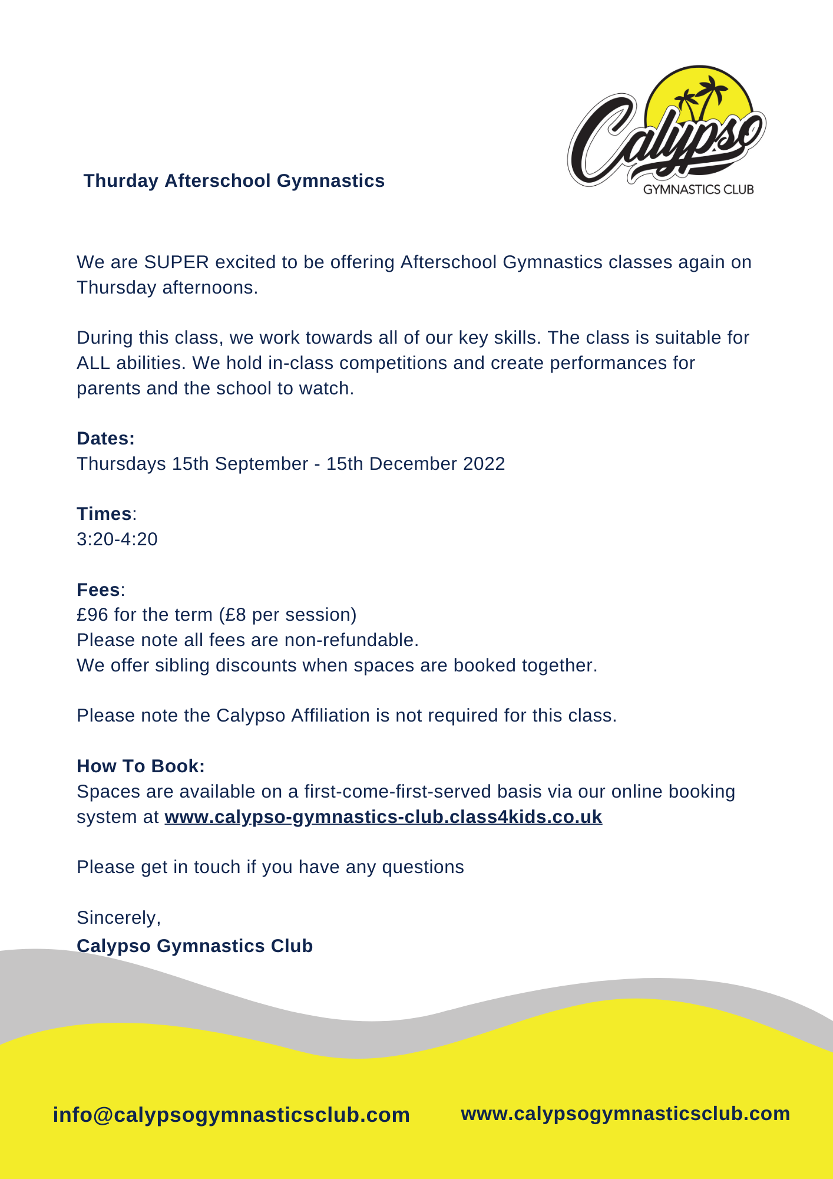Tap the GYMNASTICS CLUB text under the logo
(x=698, y=190)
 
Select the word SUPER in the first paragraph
(x=176, y=262)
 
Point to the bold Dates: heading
(x=106, y=439)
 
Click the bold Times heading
(x=104, y=514)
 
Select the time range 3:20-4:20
(x=117, y=539)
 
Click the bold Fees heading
(x=98, y=590)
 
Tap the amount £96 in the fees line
(x=92, y=615)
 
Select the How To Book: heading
(x=141, y=766)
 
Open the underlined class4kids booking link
(x=383, y=817)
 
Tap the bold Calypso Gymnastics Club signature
(x=195, y=946)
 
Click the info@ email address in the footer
(x=232, y=1115)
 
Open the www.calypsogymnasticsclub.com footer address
(x=625, y=1114)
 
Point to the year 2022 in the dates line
(x=484, y=464)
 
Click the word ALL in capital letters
(x=93, y=363)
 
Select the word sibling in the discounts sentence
(x=182, y=666)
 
